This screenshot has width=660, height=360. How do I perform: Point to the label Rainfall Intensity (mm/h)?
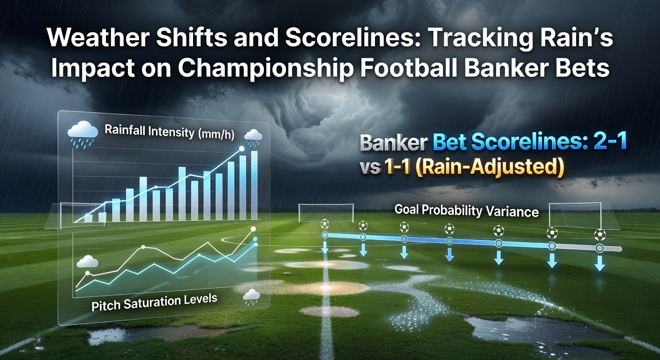tap(169, 132)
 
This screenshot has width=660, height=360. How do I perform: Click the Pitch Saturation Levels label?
tap(154, 302)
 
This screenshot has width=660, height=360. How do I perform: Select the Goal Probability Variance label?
tap(466, 210)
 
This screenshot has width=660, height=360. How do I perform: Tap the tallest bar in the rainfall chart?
tap(254, 185)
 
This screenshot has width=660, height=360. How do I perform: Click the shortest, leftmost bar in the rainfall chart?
tap(88, 218)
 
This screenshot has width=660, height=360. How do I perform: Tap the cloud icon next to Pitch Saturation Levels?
tap(251, 297)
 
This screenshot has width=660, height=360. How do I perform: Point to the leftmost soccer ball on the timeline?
tap(325, 224)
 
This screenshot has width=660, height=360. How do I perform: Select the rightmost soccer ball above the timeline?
tap(600, 235)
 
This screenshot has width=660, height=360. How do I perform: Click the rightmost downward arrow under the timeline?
tap(600, 263)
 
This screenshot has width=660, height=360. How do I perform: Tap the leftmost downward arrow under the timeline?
tap(325, 248)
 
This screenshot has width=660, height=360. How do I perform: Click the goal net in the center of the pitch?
tap(326, 213)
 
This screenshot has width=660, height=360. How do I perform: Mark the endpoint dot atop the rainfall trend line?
tap(242, 149)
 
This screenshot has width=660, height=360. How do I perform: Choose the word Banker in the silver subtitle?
tap(394, 143)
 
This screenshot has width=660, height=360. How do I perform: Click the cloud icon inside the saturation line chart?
tap(87, 262)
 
